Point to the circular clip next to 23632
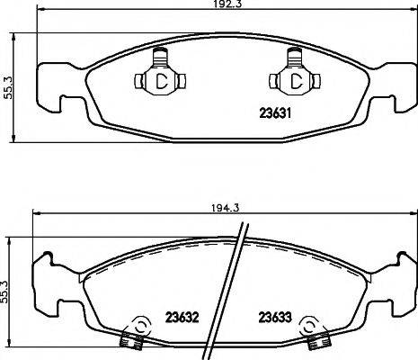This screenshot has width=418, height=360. [x=138, y=326]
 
